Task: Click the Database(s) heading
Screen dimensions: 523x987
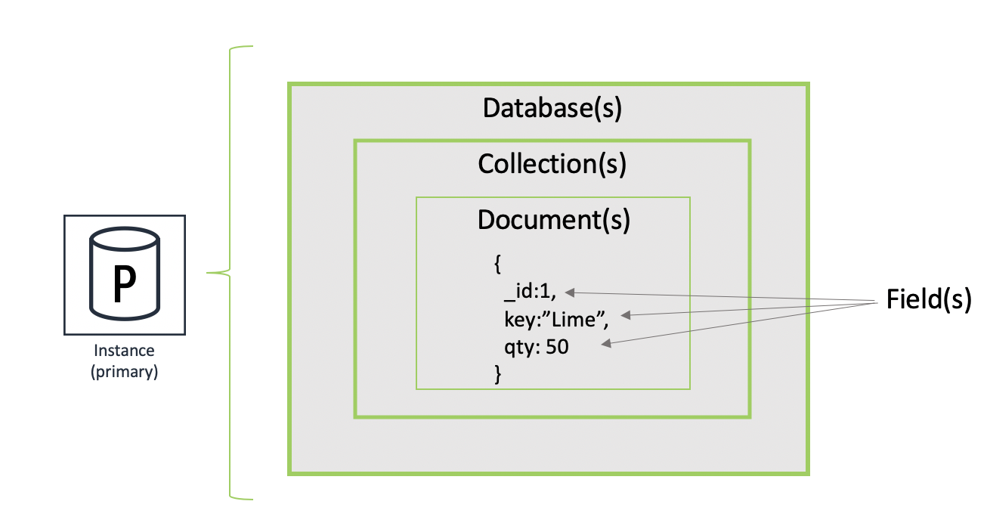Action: [552, 109]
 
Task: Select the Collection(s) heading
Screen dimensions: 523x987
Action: [552, 164]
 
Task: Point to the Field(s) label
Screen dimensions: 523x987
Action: [927, 300]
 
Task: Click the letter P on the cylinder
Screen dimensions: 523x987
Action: [124, 284]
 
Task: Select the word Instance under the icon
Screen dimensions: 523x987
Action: [124, 351]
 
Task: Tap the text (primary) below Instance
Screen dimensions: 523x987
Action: [124, 372]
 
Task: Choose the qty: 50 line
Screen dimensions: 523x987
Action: [537, 347]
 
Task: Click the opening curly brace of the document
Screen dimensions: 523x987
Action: [497, 264]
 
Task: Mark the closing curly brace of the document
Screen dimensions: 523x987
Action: [497, 373]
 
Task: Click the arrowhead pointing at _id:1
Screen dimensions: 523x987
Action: [569, 292]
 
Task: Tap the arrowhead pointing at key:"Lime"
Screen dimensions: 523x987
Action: [623, 315]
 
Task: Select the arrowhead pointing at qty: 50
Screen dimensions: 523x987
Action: [605, 345]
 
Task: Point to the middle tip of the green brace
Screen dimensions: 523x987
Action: [209, 273]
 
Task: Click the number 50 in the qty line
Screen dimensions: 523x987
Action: [557, 347]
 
